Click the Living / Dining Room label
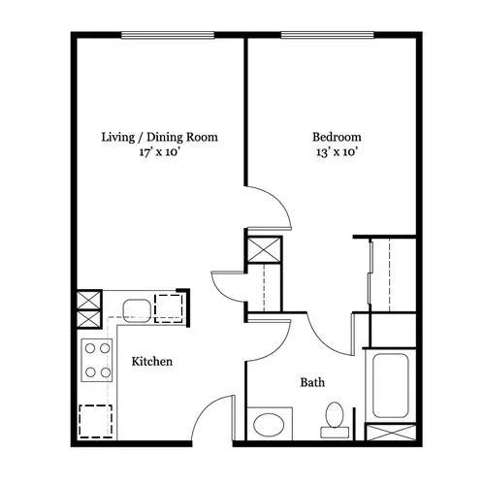coord(159,137)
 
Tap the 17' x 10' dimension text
coord(159,152)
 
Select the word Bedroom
coord(337,137)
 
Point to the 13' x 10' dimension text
coord(337,152)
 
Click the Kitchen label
coord(152,361)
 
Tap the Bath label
coord(312,382)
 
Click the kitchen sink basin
coord(137,310)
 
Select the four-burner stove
coord(97,360)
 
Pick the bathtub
coord(390,385)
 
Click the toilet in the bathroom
coord(335,420)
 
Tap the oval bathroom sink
coord(269,425)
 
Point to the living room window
coord(168,35)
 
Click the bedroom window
coord(327,35)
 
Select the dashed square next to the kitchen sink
coord(169,308)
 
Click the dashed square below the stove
coord(96,421)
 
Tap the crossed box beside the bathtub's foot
coord(391,432)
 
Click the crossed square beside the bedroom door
coord(264,249)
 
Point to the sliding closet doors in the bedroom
coord(371,273)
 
